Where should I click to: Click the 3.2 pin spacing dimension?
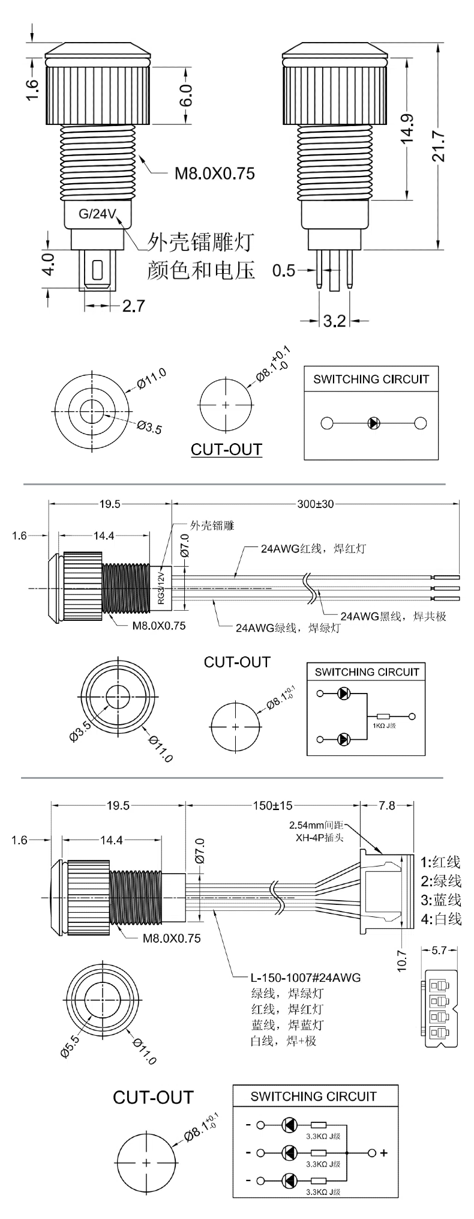(x=334, y=321)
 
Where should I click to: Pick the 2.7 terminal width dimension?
(x=133, y=306)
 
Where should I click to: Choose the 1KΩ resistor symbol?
(x=383, y=716)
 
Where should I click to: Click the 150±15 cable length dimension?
(x=272, y=805)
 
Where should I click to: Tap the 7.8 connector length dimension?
(x=388, y=805)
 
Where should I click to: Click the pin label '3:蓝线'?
(x=440, y=899)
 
